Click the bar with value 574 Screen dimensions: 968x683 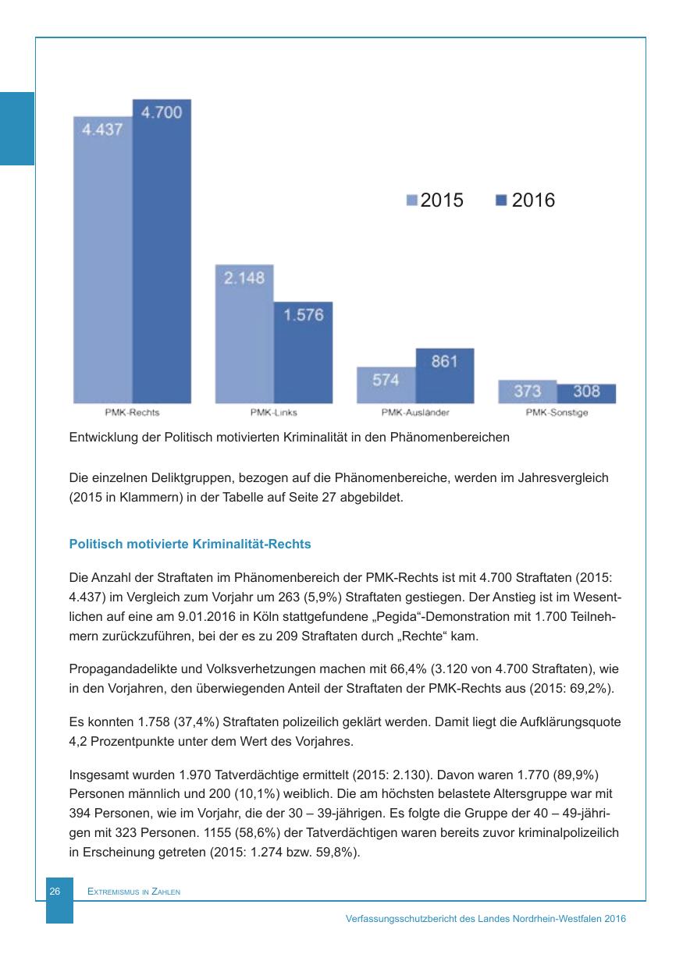click(386, 385)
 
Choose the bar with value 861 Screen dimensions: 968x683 click(445, 376)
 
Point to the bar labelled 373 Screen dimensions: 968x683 click(528, 392)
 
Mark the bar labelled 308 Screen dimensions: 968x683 click(586, 393)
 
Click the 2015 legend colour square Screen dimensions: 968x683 click(412, 200)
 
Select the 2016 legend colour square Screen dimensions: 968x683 click(501, 200)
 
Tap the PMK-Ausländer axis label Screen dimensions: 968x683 click(415, 413)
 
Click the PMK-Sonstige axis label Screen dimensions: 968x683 click(557, 413)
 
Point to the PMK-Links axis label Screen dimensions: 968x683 click(273, 413)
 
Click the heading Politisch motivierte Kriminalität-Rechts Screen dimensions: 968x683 click(190, 544)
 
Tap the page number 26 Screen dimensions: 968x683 click(55, 891)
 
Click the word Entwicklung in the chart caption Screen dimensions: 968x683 click(101, 438)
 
